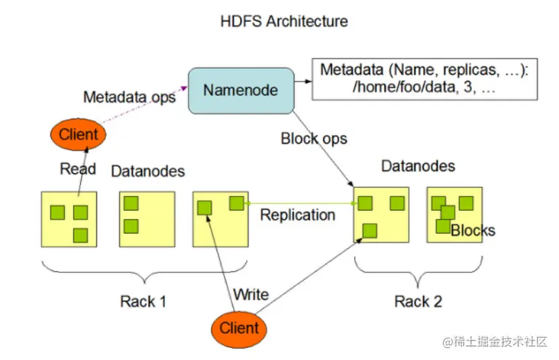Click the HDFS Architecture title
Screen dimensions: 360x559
point(284,21)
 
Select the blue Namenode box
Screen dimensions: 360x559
point(241,90)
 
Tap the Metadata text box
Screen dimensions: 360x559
point(425,80)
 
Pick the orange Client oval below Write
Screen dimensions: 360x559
point(239,328)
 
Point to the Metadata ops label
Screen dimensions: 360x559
point(129,97)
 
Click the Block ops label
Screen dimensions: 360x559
point(314,139)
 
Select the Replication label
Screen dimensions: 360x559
point(297,215)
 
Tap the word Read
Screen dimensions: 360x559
point(78,169)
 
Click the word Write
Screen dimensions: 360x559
point(251,295)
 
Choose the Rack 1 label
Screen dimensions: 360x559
point(143,301)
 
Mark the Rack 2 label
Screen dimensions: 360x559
point(418,301)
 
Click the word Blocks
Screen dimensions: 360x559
point(473,231)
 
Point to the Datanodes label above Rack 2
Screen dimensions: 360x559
point(418,166)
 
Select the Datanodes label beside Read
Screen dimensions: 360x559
point(148,171)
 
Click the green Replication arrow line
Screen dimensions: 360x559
point(301,203)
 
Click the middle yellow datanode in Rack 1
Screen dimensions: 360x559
point(147,218)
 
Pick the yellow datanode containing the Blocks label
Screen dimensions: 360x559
point(454,214)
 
